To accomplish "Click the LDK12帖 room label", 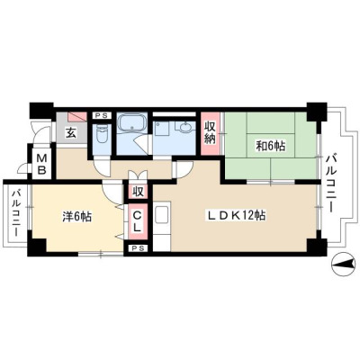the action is (x=235, y=215).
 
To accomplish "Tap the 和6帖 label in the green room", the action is (x=270, y=147).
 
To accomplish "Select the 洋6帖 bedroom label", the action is (x=76, y=216).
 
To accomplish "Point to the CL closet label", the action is (x=138, y=221).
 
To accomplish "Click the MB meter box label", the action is (x=41, y=165).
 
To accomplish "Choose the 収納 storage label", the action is (x=211, y=132).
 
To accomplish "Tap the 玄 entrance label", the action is (x=71, y=133).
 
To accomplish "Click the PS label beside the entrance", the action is (x=102, y=116).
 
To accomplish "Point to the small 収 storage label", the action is (x=138, y=192).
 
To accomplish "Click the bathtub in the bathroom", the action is (x=132, y=122).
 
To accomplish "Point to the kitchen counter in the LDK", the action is (x=162, y=226).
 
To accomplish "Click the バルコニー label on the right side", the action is (x=331, y=184).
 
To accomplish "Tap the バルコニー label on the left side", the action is (x=16, y=212).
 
